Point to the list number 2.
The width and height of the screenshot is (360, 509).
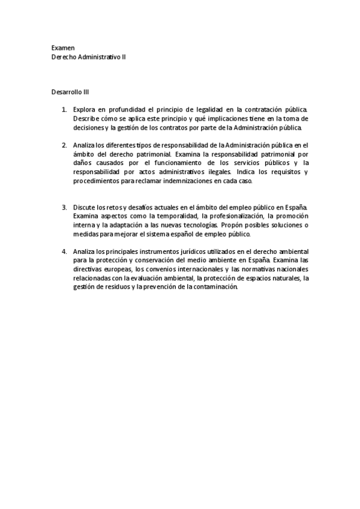(x=64, y=145)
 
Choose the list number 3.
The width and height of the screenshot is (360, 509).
(x=64, y=207)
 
